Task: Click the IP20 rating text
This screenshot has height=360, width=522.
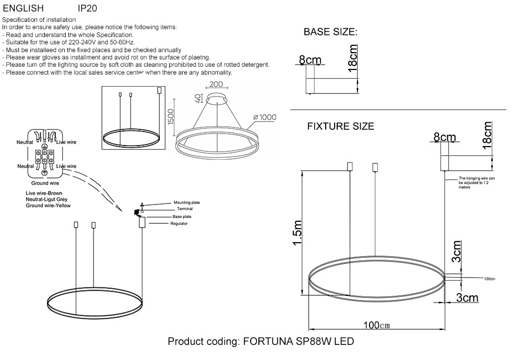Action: (x=87, y=8)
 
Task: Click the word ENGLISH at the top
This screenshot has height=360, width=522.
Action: (x=23, y=8)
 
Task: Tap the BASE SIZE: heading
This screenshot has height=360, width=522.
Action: (x=330, y=32)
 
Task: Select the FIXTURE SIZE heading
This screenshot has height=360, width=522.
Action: (x=340, y=126)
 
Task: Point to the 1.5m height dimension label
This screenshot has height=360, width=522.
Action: (x=298, y=233)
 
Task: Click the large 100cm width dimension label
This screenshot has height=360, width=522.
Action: (x=376, y=325)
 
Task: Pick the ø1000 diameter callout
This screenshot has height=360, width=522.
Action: (x=265, y=117)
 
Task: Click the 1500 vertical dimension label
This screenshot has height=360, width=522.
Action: (x=171, y=117)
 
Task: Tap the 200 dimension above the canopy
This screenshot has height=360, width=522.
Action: (x=217, y=85)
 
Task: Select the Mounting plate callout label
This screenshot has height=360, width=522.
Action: (x=187, y=202)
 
